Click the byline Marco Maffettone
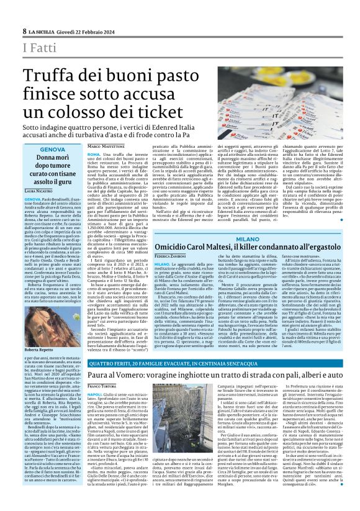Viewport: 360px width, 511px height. click(104, 145)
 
